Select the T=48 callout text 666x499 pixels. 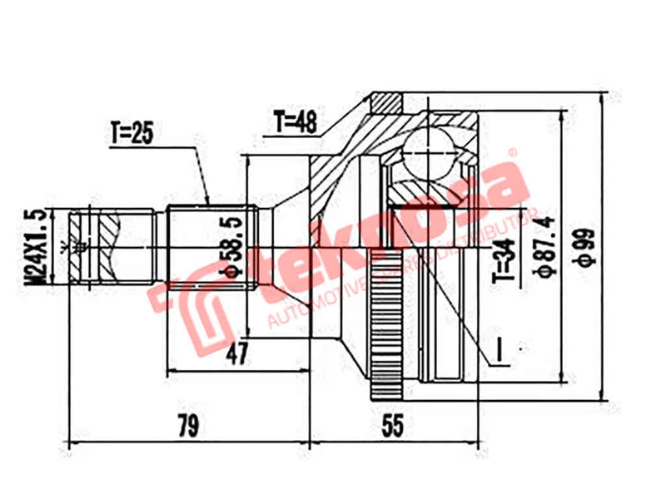pyautogui.click(x=296, y=122)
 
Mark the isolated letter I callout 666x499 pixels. pyautogui.click(x=502, y=351)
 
